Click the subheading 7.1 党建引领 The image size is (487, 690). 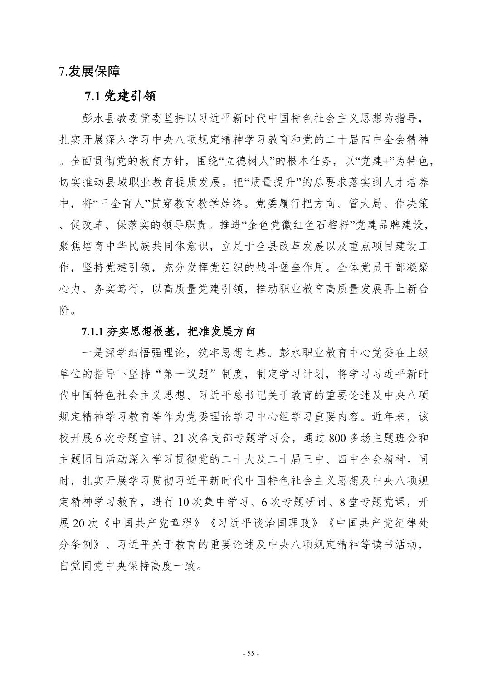120,96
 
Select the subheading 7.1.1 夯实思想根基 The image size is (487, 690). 168,332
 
